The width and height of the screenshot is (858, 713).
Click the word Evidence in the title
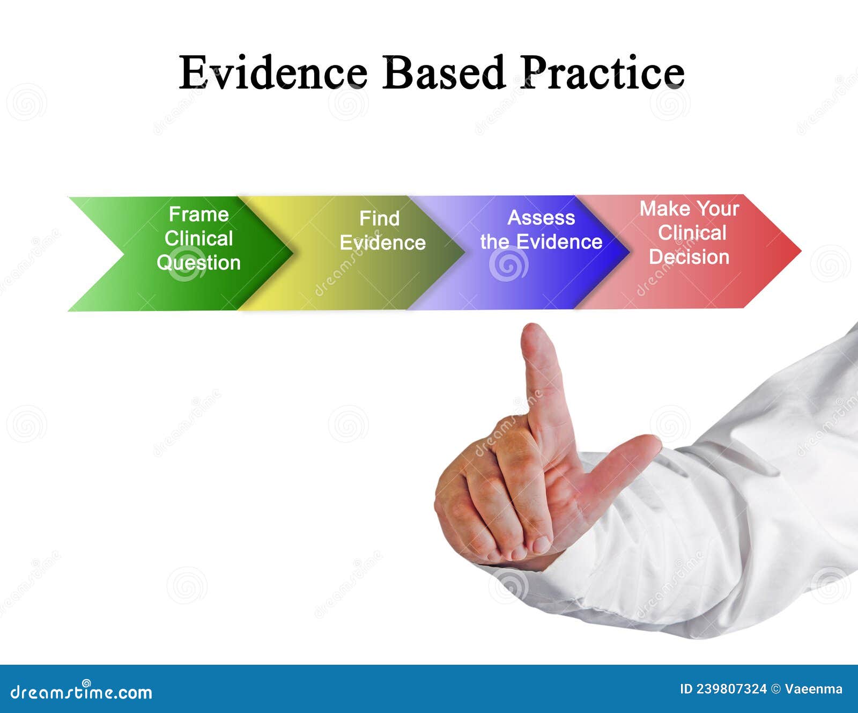point(273,72)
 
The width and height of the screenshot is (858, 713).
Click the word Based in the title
point(443,72)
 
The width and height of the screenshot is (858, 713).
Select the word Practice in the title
point(602,72)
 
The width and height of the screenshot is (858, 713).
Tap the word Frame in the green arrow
point(198,215)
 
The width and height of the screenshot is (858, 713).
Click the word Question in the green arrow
point(198,263)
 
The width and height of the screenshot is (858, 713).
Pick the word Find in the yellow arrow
point(379,219)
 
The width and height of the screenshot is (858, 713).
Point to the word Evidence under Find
point(382,243)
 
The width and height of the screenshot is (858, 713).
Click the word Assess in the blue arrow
point(541,218)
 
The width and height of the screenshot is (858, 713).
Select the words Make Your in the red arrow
point(689,209)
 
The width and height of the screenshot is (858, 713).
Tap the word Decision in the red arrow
point(689,257)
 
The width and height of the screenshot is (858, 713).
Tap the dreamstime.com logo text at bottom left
point(82,692)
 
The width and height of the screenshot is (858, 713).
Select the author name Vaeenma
point(813,689)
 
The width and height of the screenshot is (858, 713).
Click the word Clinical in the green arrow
point(198,239)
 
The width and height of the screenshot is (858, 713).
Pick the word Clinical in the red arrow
point(692,233)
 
